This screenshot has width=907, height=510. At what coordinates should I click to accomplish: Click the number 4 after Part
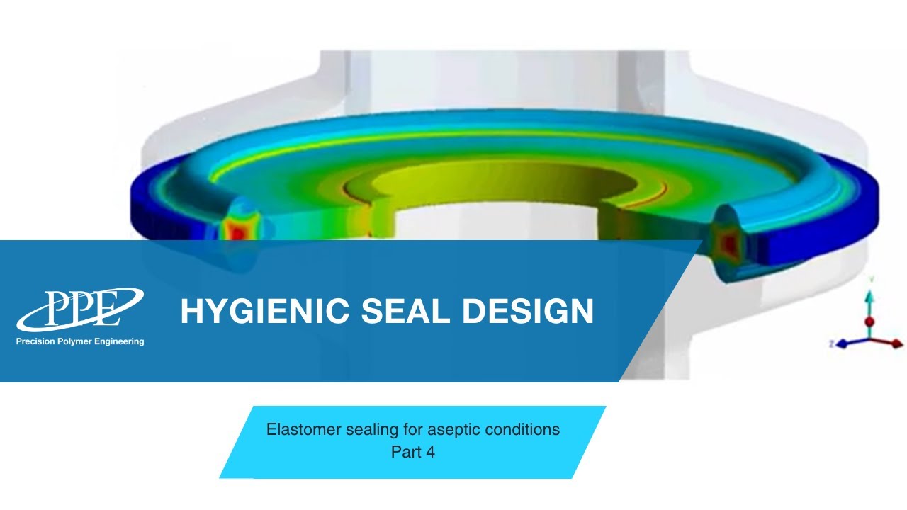click(x=430, y=451)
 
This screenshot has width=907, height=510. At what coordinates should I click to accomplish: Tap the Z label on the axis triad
click(x=830, y=343)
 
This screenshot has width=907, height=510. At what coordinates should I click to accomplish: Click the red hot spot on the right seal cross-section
click(x=728, y=243)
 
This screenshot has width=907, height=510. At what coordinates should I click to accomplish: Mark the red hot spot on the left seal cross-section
click(x=235, y=231)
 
